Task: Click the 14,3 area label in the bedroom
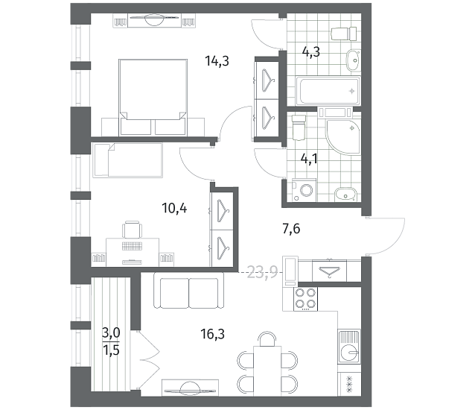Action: tap(217, 61)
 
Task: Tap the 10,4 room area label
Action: tap(174, 208)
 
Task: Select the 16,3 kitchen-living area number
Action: tap(212, 334)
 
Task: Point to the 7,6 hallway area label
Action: tap(291, 229)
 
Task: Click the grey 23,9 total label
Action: tap(263, 272)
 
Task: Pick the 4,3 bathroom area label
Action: tap(311, 52)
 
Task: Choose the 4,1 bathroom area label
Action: tap(309, 158)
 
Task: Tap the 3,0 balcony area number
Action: tap(111, 333)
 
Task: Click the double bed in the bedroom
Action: tap(153, 97)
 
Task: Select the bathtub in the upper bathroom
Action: tap(328, 91)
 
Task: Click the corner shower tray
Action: tap(343, 136)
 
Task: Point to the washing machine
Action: tap(305, 190)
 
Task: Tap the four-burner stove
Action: tap(305, 298)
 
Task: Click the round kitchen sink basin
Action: tap(348, 352)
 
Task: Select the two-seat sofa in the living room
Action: tap(189, 290)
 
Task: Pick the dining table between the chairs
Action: tap(267, 371)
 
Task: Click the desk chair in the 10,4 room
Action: tap(132, 230)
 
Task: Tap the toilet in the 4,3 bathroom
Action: tap(344, 34)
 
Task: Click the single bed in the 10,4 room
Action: tap(127, 160)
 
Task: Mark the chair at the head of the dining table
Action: tap(267, 339)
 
